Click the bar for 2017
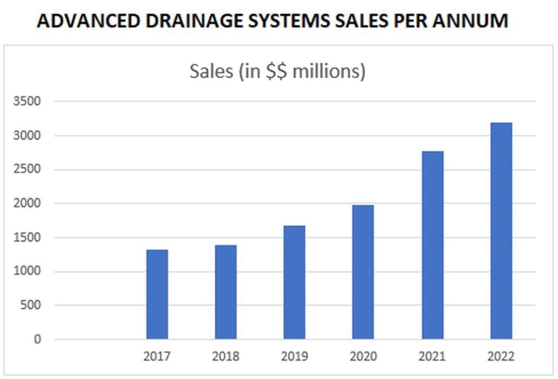pyautogui.click(x=157, y=294)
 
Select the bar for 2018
pyautogui.click(x=226, y=292)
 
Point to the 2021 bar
pyautogui.click(x=432, y=245)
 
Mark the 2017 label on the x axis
pyautogui.click(x=157, y=357)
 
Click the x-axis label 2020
pyautogui.click(x=363, y=357)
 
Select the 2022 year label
pyautogui.click(x=501, y=357)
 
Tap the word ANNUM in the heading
pyautogui.click(x=472, y=21)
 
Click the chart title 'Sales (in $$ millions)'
pyautogui.click(x=277, y=71)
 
